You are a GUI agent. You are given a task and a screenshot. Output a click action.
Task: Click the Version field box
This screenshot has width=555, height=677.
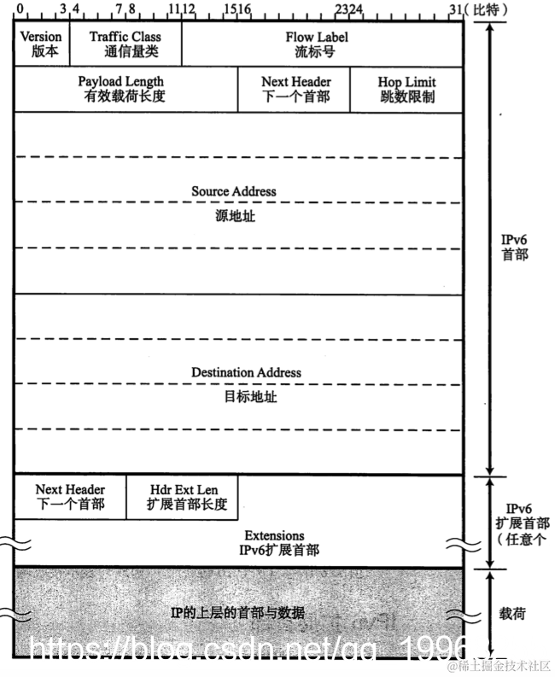point(41,44)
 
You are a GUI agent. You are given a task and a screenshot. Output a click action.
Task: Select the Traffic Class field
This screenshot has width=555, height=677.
point(125,44)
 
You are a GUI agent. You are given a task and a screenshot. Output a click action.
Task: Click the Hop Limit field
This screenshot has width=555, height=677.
point(407,89)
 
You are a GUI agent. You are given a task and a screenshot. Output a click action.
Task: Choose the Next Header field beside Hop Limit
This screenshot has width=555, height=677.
point(295,89)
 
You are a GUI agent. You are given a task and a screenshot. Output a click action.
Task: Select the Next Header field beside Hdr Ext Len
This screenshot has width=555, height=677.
point(70,497)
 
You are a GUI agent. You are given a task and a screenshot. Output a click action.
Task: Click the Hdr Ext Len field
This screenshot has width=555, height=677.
point(183,497)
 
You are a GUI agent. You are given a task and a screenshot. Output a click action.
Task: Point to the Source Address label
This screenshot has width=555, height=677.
point(234,191)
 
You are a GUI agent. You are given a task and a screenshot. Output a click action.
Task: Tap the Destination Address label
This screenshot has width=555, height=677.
point(246,372)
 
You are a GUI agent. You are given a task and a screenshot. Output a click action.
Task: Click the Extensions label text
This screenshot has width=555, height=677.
point(279,535)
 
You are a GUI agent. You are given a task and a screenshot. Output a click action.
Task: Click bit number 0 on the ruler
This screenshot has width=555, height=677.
point(19,10)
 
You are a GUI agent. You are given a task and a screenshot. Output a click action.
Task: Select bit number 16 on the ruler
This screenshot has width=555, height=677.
point(244,10)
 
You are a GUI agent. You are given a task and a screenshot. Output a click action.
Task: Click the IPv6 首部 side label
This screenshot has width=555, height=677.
point(515,248)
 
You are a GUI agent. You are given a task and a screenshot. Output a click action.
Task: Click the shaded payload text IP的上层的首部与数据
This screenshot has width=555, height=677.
point(238,613)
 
